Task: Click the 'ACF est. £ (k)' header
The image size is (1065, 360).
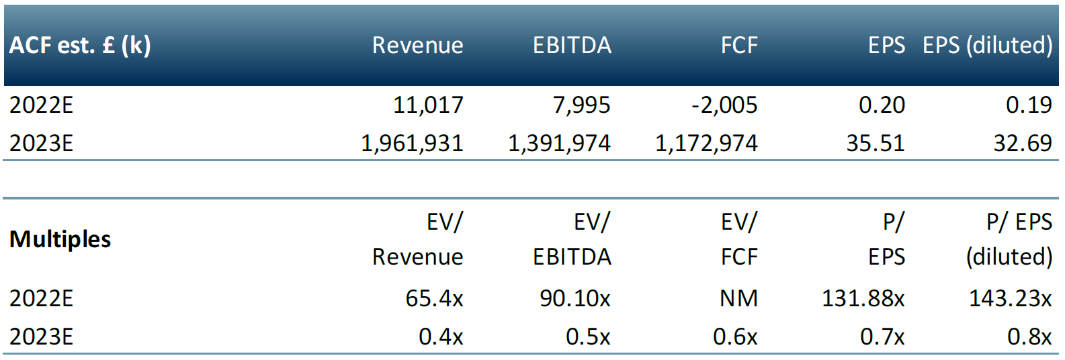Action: [80, 45]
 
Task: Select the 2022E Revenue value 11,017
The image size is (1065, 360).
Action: [428, 105]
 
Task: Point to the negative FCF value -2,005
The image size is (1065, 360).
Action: [724, 105]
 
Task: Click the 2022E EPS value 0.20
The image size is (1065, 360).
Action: [882, 105]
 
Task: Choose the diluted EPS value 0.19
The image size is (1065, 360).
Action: [1029, 105]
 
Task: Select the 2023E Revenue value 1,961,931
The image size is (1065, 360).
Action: [412, 143]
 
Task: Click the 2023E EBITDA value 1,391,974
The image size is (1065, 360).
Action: [559, 143]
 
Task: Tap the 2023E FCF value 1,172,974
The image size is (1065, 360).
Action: [706, 143]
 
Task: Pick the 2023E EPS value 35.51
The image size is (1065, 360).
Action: [876, 143]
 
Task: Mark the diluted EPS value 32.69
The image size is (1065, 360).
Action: [1023, 143]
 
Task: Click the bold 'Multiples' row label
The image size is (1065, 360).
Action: [60, 239]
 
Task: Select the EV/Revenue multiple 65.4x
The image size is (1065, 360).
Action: [434, 298]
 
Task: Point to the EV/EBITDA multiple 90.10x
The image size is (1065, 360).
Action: [575, 298]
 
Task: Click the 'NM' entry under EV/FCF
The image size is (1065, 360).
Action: [738, 298]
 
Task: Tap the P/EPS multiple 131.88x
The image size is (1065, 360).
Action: [863, 298]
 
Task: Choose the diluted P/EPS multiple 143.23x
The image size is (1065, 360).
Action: [1011, 298]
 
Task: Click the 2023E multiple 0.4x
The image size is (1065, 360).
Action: [441, 336]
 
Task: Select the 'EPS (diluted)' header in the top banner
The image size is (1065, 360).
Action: [988, 45]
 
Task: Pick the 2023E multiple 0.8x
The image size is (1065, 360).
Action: [1029, 336]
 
